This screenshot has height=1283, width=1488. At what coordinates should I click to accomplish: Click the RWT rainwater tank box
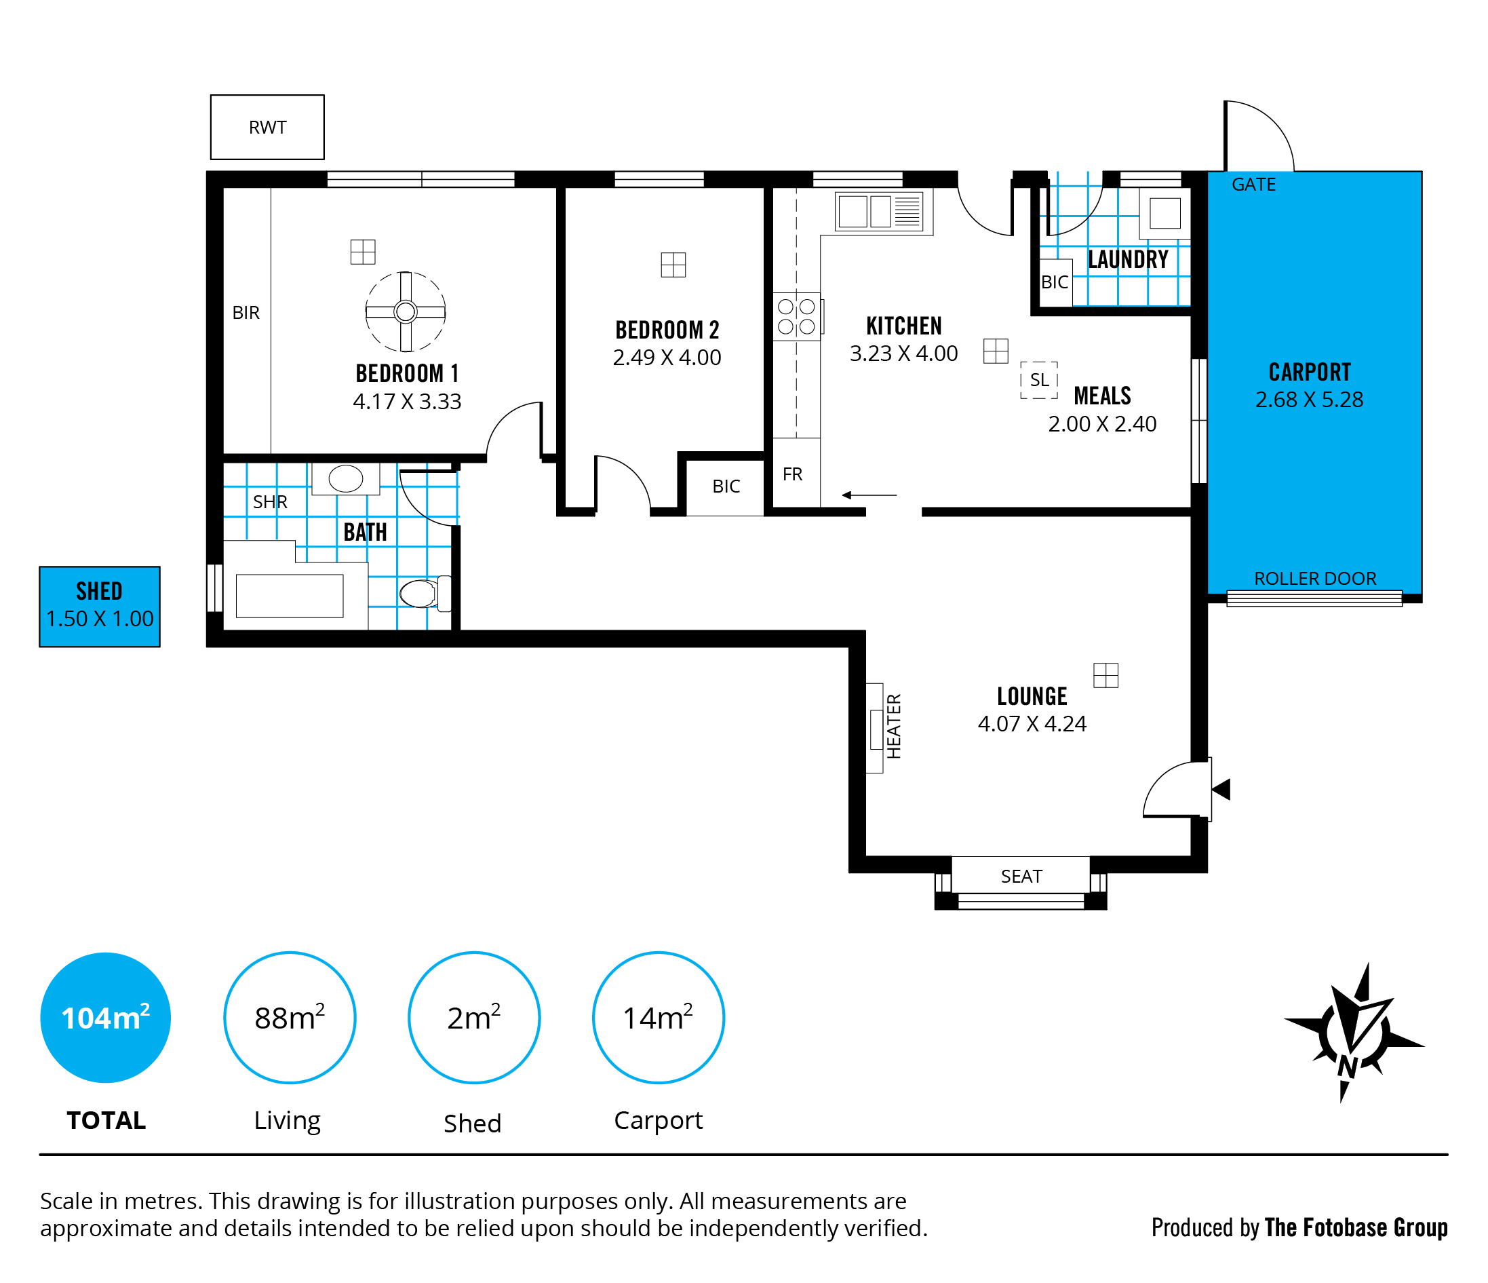pyautogui.click(x=267, y=127)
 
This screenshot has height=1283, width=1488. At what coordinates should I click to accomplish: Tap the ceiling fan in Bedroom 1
pyautogui.click(x=406, y=312)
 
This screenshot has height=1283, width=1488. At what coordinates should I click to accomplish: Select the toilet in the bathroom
pyautogui.click(x=423, y=594)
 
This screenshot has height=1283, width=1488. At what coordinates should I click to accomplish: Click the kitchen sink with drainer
pyautogui.click(x=882, y=211)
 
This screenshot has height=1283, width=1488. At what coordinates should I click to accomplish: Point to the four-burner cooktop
pyautogui.click(x=796, y=317)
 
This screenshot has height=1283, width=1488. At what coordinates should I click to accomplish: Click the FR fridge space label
pyautogui.click(x=792, y=474)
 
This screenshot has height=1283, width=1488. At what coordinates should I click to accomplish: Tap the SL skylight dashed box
pyautogui.click(x=1038, y=380)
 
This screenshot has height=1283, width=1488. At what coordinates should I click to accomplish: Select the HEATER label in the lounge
pyautogui.click(x=893, y=726)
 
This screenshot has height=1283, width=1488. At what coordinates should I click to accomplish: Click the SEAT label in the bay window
pyautogui.click(x=1021, y=877)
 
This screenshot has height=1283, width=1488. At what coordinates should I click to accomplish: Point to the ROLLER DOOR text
pyautogui.click(x=1315, y=578)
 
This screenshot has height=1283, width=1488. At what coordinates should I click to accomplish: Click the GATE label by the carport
pyautogui.click(x=1254, y=185)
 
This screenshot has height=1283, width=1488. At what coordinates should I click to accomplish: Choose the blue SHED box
pyautogui.click(x=100, y=607)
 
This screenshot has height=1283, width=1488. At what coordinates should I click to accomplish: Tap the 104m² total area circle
pyautogui.click(x=106, y=1017)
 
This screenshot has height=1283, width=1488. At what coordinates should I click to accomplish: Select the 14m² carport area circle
pyautogui.click(x=658, y=1017)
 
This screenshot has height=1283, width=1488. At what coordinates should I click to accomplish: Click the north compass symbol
pyautogui.click(x=1353, y=1035)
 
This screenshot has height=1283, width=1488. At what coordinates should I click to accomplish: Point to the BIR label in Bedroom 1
pyautogui.click(x=246, y=313)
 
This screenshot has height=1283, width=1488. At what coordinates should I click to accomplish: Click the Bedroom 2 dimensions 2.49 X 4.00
pyautogui.click(x=667, y=357)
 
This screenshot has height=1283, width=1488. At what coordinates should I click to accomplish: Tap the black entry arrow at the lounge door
pyautogui.click(x=1222, y=790)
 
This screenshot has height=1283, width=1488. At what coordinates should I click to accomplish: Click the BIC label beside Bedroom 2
pyautogui.click(x=726, y=486)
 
